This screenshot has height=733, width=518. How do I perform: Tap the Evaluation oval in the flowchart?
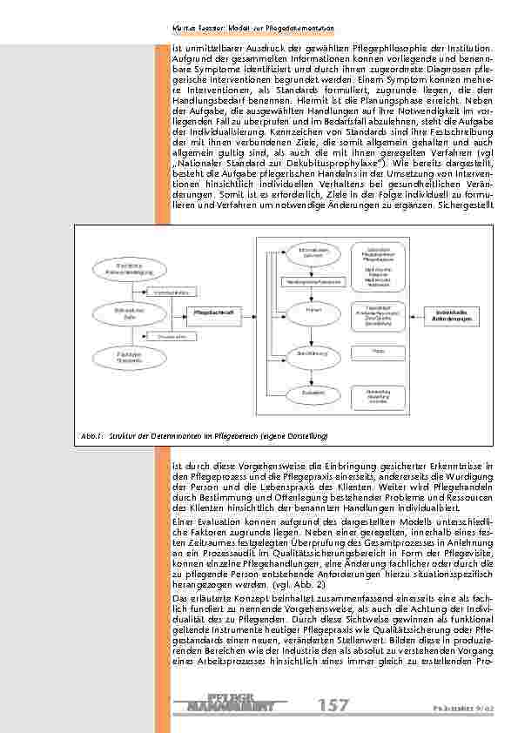(x=311, y=393)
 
